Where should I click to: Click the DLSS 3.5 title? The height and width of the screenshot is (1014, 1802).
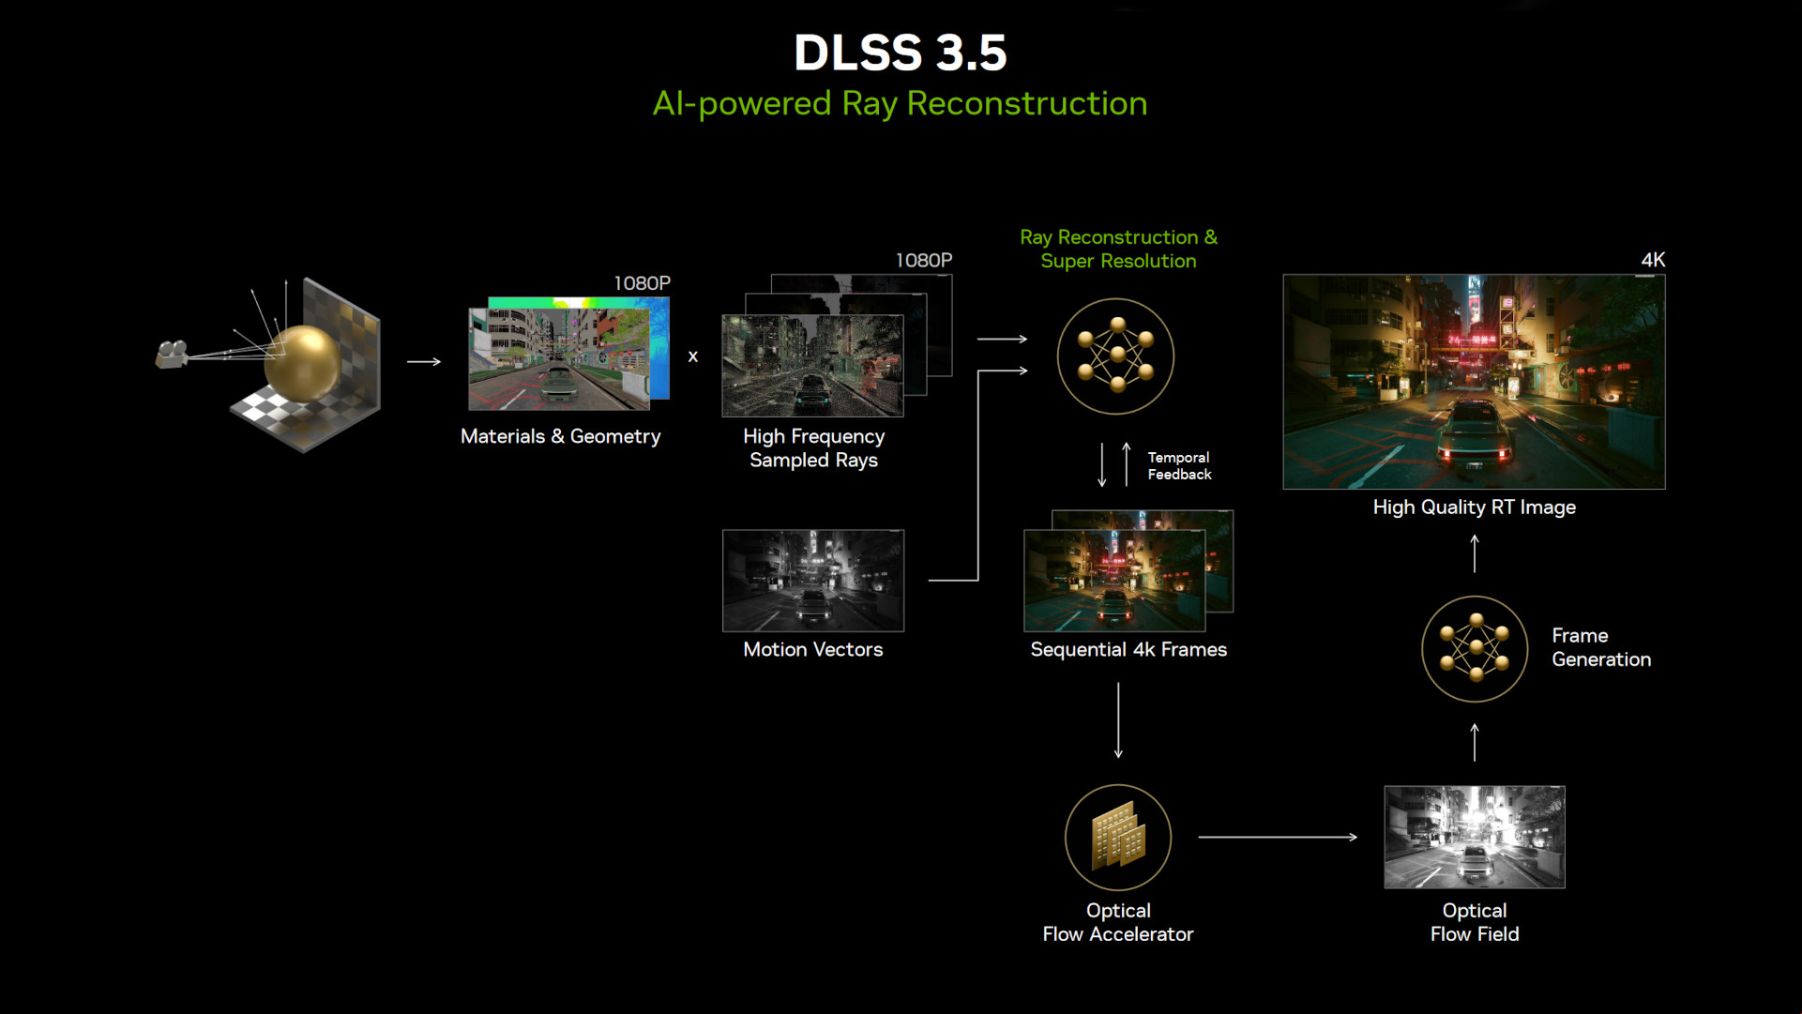(901, 53)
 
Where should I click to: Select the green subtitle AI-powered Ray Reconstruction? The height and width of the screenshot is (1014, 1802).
(901, 103)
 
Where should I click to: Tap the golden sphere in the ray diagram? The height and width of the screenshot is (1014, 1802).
(302, 363)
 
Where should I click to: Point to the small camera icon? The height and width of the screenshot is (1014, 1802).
(172, 354)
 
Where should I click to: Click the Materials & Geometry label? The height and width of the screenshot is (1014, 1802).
(561, 436)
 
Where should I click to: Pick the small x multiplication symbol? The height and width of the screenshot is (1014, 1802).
(693, 356)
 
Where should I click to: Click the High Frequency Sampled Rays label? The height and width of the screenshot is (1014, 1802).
(814, 448)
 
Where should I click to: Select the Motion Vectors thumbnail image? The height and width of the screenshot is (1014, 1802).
(813, 581)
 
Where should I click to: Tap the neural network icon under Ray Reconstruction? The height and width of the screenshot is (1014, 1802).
(1115, 356)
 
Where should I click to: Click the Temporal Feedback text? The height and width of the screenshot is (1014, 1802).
(1179, 465)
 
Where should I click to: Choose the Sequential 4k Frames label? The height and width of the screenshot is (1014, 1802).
(1128, 649)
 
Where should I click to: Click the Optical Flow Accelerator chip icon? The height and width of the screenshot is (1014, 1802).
(1118, 838)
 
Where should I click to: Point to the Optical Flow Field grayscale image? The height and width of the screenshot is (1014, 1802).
(1475, 837)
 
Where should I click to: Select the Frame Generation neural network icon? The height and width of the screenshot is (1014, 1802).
(1476, 649)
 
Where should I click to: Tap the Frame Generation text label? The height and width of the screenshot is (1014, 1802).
(1601, 647)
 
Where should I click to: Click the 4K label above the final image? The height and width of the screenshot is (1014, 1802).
(1653, 260)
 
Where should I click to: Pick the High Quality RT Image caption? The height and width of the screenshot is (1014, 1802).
(1475, 507)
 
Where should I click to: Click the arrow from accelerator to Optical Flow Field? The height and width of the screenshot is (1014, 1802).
(1278, 837)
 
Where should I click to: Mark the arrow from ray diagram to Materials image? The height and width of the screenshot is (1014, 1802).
(424, 361)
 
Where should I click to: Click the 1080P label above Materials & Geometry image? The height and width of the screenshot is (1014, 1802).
(643, 283)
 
